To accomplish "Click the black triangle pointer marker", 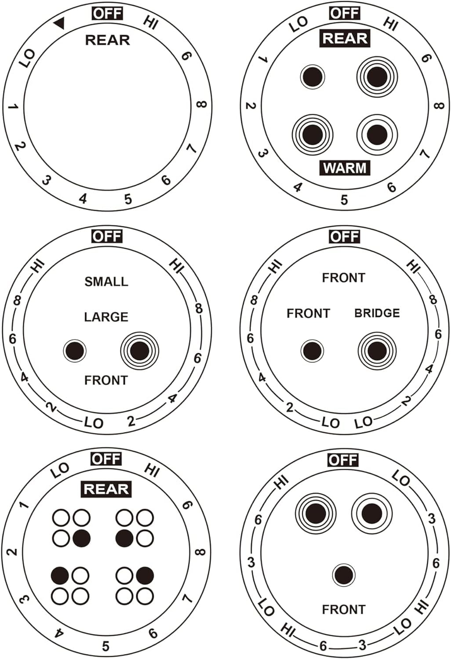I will [x=60, y=24].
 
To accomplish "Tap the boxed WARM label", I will [x=344, y=168].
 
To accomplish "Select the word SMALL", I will [x=106, y=282].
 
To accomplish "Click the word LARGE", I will [x=106, y=317].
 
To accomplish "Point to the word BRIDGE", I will [x=377, y=313].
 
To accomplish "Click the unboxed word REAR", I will [x=108, y=40].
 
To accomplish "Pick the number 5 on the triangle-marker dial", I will [x=128, y=199].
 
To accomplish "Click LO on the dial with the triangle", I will [x=27, y=58].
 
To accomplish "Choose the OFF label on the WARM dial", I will [x=344, y=14].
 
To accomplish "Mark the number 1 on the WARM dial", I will [x=264, y=59].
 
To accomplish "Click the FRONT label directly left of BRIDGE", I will [x=308, y=313].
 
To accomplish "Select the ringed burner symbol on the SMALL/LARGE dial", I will [x=140, y=350].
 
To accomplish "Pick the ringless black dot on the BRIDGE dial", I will [x=312, y=351].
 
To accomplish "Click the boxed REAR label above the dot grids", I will [x=106, y=489].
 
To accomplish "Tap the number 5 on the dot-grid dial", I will [x=106, y=646].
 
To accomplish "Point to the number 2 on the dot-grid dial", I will [x=12, y=552].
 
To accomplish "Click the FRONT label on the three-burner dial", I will [x=344, y=610].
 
